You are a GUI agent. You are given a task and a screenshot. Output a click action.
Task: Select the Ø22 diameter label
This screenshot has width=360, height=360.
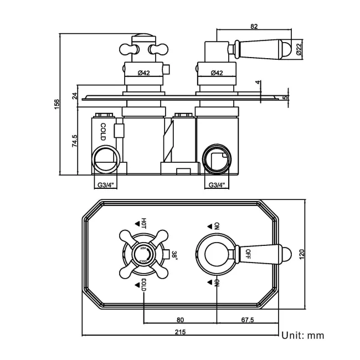[x=299, y=50]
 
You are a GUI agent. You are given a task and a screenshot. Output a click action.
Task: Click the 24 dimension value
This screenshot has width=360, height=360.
[x=74, y=95]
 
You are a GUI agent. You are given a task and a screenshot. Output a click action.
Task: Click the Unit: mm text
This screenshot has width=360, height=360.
[x=302, y=335]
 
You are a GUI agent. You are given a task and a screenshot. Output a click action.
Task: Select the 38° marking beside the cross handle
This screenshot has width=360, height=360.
[x=173, y=254]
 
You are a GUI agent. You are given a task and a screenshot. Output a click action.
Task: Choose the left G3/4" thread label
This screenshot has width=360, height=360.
[x=105, y=185]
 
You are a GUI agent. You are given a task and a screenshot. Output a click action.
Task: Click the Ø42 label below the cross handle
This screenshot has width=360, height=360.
[x=143, y=73]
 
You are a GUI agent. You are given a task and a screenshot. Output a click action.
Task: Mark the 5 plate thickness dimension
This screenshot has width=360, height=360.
[x=286, y=98]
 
